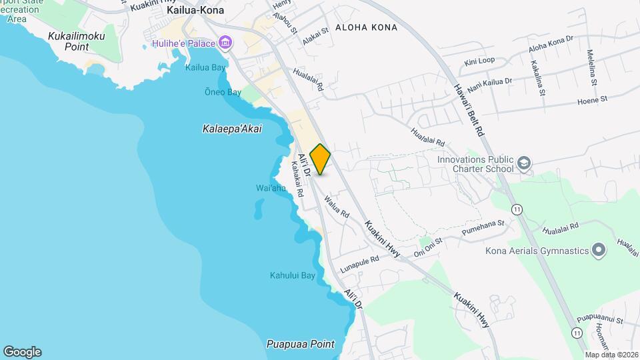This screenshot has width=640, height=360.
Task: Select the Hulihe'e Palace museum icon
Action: tap(225, 44)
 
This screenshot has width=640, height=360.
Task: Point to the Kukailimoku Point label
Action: tap(77, 41)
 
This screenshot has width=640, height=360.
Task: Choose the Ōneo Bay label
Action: tap(223, 93)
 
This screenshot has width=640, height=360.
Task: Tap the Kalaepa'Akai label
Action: tap(232, 129)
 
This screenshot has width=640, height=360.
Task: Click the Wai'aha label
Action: tap(271, 189)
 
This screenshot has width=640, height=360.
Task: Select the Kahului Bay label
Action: tap(292, 275)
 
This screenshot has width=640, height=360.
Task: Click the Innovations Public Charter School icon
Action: tap(524, 163)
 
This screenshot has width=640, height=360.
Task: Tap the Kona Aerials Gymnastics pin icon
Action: tap(598, 251)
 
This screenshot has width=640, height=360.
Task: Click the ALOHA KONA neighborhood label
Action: tap(366, 27)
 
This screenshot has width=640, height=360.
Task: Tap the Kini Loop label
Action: tap(479, 61)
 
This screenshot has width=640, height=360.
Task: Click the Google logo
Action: tap(22, 351)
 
